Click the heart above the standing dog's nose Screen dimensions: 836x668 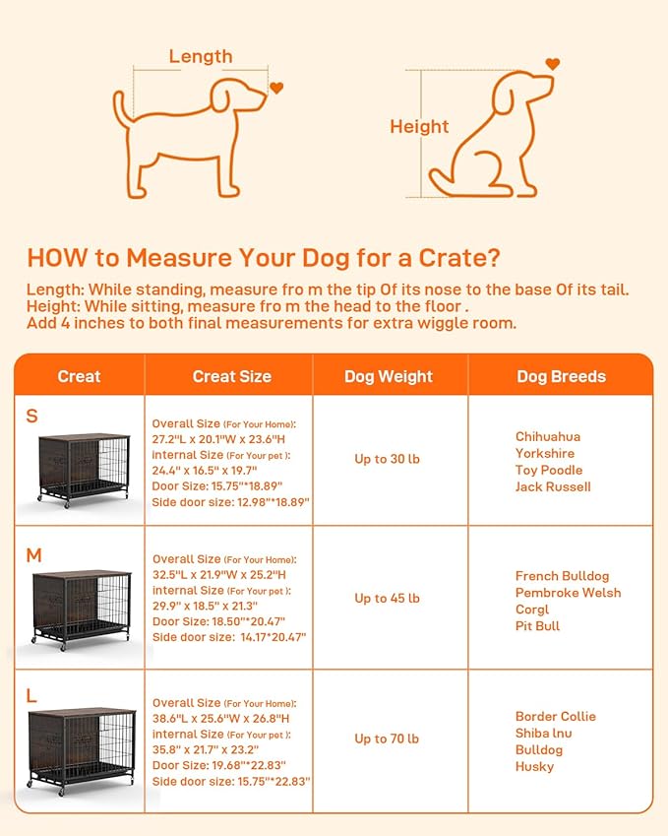pyautogui.click(x=276, y=88)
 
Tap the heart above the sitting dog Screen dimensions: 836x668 pyautogui.click(x=552, y=64)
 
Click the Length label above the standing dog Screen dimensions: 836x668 pyautogui.click(x=201, y=56)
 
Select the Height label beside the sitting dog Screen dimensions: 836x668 pyautogui.click(x=419, y=126)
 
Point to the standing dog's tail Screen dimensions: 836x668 pyautogui.click(x=122, y=108)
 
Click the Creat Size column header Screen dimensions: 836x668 pyautogui.click(x=231, y=376)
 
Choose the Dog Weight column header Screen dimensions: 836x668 pyautogui.click(x=389, y=376)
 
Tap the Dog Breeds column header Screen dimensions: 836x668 pyautogui.click(x=561, y=376)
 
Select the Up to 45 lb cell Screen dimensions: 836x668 pyautogui.click(x=387, y=598)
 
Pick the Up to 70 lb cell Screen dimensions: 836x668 pyautogui.click(x=387, y=739)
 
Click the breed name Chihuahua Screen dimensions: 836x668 pyautogui.click(x=548, y=436)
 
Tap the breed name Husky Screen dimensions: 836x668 pyautogui.click(x=535, y=766)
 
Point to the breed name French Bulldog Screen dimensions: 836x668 pyautogui.click(x=562, y=576)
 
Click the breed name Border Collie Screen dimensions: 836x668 pyautogui.click(x=556, y=716)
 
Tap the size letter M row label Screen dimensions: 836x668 pyautogui.click(x=33, y=555)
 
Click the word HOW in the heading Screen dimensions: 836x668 pyautogui.click(x=49, y=258)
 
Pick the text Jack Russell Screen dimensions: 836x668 pyautogui.click(x=553, y=486)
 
